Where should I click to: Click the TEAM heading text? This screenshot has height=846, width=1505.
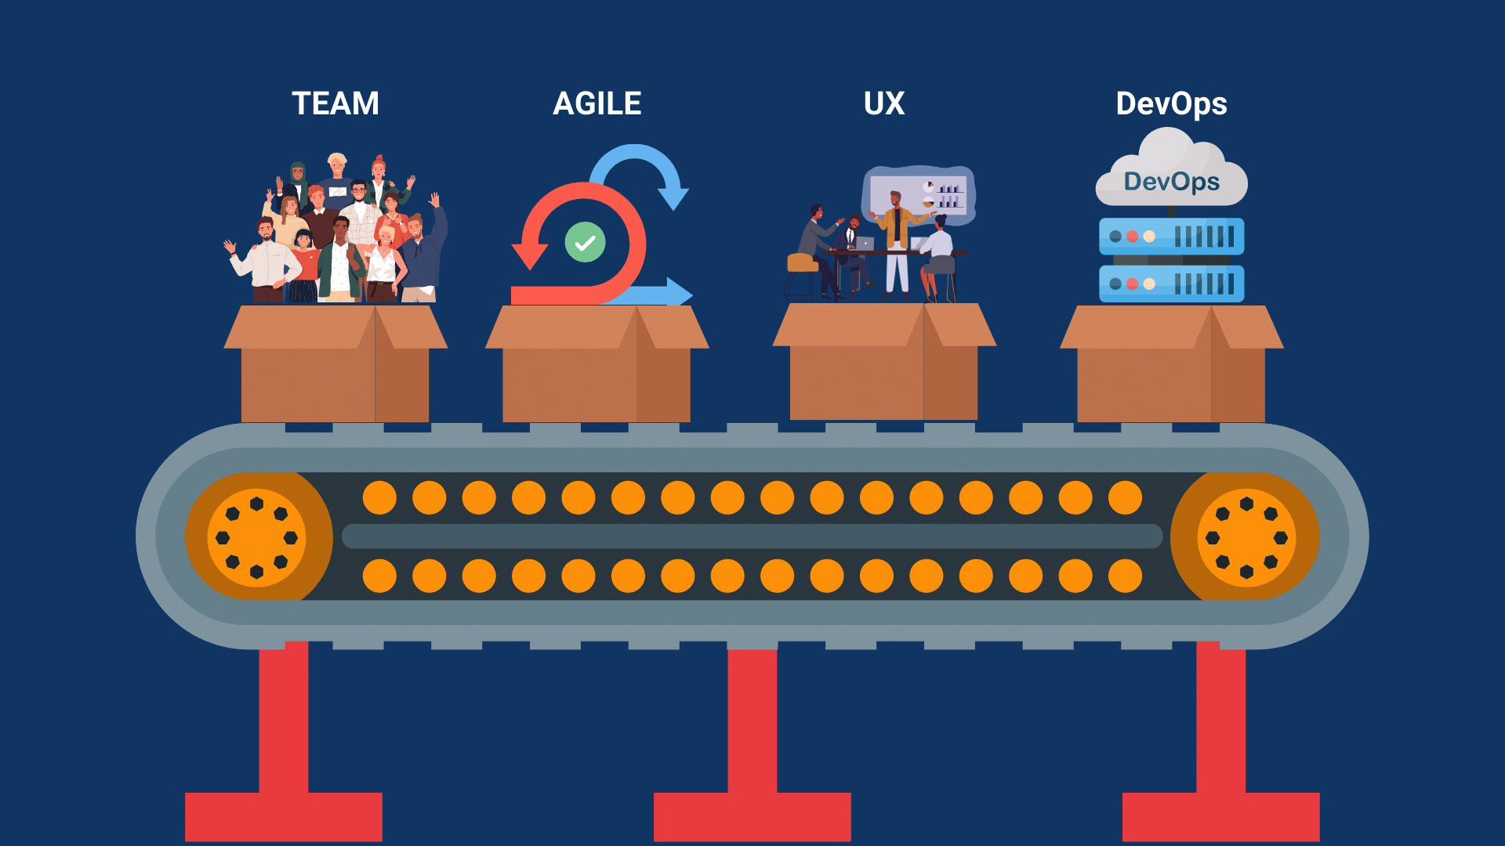(335, 103)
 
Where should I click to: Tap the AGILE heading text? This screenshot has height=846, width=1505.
(597, 103)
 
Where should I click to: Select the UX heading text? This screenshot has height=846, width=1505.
(884, 103)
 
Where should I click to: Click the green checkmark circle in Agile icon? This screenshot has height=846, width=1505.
(585, 242)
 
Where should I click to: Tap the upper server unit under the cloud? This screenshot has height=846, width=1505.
(1171, 236)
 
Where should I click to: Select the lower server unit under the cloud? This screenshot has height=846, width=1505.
(1171, 284)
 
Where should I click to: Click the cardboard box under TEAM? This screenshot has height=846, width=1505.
(335, 363)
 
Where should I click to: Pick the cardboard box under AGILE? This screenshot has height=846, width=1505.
(597, 363)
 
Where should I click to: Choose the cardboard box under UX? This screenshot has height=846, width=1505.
(884, 362)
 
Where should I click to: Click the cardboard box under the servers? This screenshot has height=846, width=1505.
(1171, 363)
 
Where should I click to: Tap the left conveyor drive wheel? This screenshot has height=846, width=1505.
(257, 537)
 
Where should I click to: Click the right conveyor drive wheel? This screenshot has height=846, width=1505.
(1246, 537)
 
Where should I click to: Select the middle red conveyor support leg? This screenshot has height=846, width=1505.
(752, 744)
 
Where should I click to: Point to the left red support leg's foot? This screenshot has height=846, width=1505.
(284, 817)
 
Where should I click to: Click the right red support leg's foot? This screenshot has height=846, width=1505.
(1221, 817)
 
